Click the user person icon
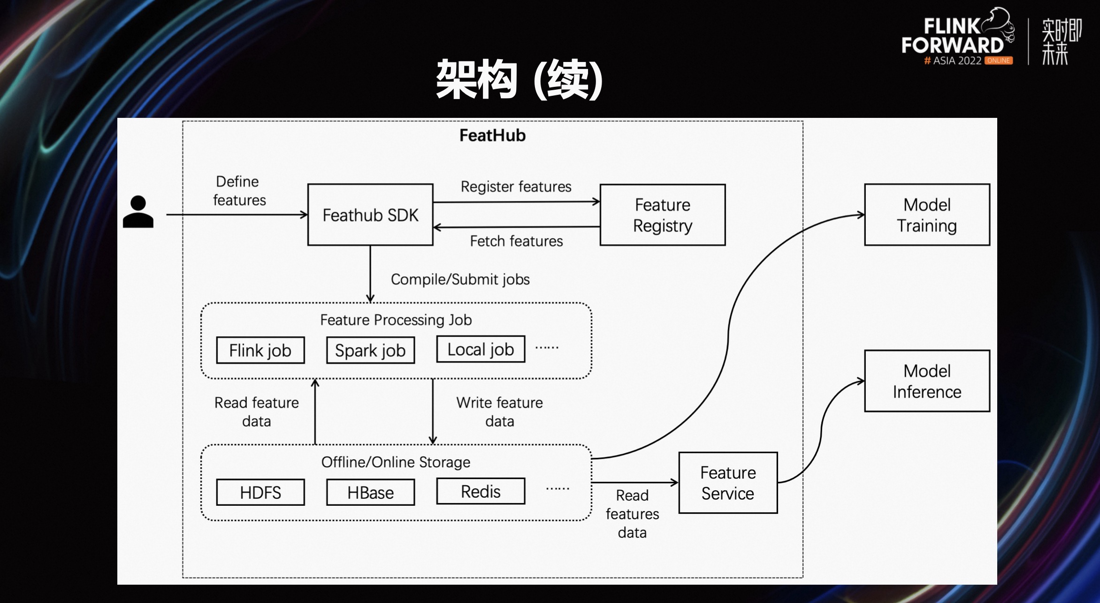pos(138,212)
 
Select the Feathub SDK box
pos(370,215)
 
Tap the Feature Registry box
pos(662,215)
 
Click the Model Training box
pos(927,215)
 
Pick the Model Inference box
pos(927,381)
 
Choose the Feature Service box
pos(728,483)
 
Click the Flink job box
pos(260,350)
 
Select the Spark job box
pos(370,350)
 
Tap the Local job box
pos(481,349)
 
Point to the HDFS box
pos(260,492)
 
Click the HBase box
pos(370,492)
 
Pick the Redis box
pos(481,491)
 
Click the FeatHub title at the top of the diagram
pos(492,135)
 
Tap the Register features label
pos(516,186)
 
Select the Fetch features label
pos(516,241)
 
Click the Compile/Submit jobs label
pos(460,279)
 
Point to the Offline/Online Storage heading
pos(396,462)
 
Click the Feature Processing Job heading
pos(396,320)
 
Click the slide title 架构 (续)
pos(519,79)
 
